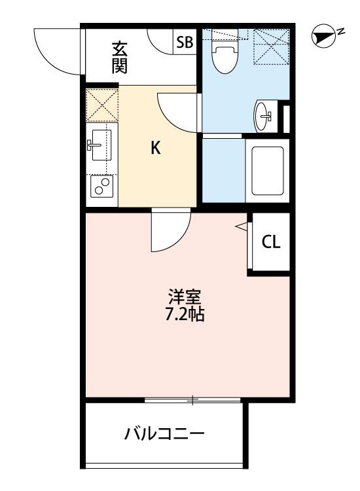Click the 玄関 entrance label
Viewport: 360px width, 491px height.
[x=118, y=57]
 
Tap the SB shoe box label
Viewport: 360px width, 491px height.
[x=185, y=43]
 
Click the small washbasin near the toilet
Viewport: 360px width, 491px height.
[x=264, y=115]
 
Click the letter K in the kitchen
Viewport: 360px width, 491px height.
[x=155, y=148]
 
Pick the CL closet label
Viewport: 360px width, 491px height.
[x=271, y=242]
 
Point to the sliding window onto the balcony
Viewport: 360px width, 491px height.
[x=193, y=399]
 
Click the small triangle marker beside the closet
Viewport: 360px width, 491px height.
[x=242, y=227]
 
